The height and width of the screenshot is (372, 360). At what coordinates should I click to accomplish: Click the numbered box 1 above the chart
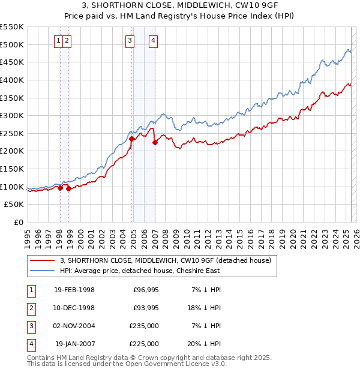(59, 41)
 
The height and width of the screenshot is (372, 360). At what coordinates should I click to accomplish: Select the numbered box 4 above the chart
(154, 41)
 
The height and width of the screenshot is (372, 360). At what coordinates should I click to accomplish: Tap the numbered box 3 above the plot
(130, 41)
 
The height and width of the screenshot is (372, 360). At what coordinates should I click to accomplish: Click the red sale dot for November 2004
(131, 139)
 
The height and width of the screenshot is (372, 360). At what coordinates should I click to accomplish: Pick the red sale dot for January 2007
(155, 142)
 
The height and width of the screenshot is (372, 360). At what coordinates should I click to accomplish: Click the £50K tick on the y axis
(14, 205)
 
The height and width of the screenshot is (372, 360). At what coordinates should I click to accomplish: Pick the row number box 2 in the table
(30, 308)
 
